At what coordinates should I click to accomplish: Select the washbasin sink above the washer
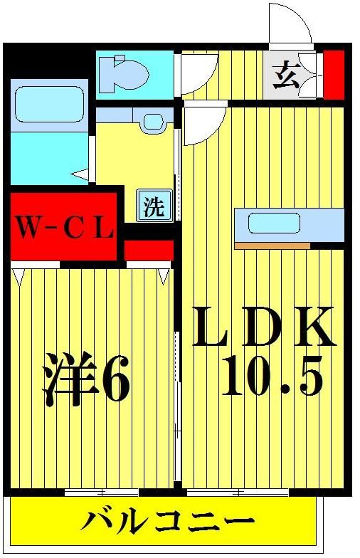coord(152,120)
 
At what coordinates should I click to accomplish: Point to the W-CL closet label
coord(65,228)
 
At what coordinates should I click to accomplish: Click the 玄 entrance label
coord(286,75)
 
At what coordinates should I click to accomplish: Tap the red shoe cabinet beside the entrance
coord(334,75)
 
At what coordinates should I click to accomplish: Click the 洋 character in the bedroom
coord(69,383)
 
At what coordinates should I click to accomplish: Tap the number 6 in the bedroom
coord(116,383)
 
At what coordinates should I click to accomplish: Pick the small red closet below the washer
coord(149,250)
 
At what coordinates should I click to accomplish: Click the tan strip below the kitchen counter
coord(272,246)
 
